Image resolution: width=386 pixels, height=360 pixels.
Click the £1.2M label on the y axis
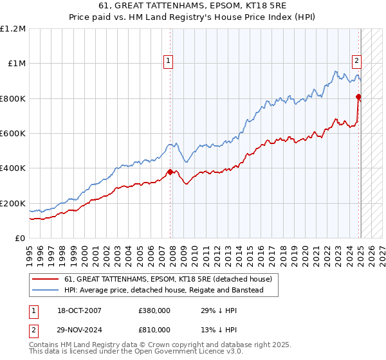(13, 28)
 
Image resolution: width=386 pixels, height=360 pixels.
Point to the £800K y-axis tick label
(13, 98)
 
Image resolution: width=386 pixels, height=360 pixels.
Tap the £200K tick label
(13, 203)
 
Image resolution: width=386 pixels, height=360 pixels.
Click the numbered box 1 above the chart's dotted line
(168, 61)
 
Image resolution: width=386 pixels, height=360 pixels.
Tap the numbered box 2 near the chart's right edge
(356, 61)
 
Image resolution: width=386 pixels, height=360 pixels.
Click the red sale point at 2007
(170, 172)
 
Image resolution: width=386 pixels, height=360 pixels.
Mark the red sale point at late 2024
(358, 96)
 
